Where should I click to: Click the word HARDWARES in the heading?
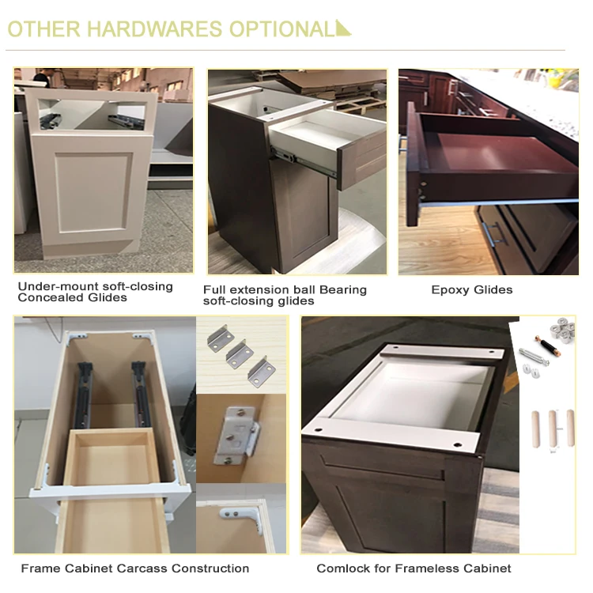click(154, 29)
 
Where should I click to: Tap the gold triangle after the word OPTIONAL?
click(342, 28)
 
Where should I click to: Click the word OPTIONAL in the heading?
click(281, 29)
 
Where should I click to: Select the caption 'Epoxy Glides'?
click(471, 290)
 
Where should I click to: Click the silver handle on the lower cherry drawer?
click(492, 232)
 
